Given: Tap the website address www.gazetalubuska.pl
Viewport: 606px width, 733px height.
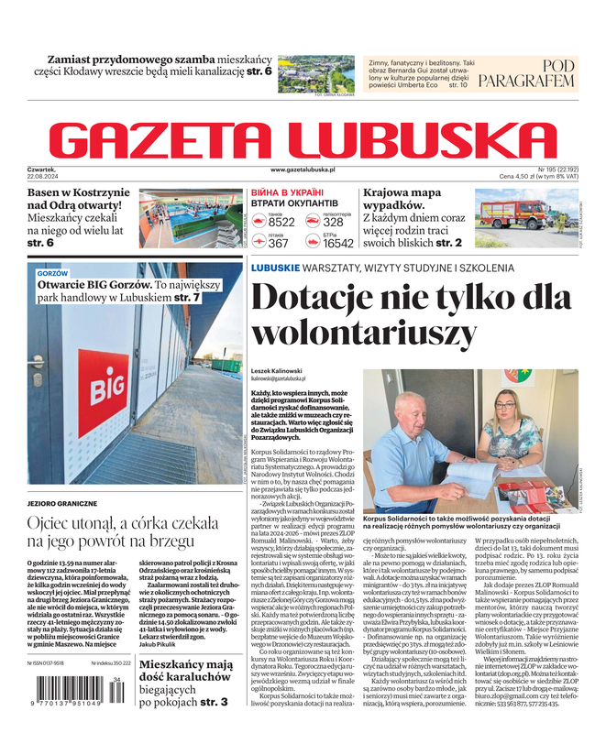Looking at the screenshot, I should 303,170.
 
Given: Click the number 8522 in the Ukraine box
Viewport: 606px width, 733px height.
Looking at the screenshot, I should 281,223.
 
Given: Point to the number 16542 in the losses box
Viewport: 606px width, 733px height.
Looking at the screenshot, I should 338,244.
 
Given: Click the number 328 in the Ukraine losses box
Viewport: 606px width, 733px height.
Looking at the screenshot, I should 334,223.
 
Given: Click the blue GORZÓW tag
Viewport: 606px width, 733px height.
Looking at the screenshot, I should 52,274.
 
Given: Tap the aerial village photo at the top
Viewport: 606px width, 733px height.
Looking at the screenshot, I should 314,71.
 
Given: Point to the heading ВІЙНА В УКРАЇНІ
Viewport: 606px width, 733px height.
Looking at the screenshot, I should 290,192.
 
